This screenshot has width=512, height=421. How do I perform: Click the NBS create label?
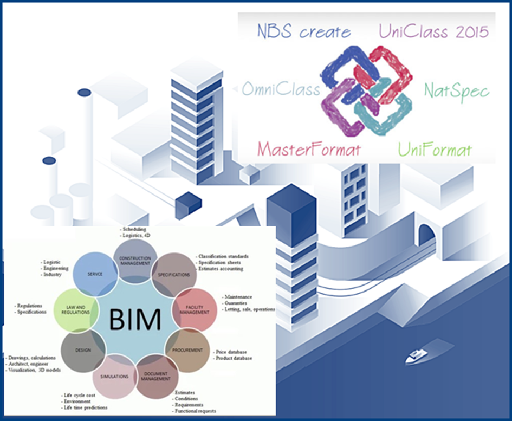304,31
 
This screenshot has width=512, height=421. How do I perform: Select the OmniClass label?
281,89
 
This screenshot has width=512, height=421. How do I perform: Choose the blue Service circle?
95,274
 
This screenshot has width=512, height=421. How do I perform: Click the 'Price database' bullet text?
234,352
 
